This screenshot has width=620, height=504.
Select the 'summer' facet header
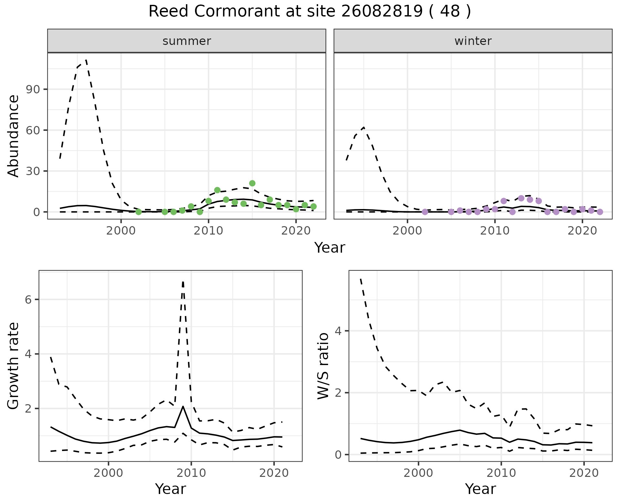pos(187,41)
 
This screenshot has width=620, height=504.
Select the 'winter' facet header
pos(473,41)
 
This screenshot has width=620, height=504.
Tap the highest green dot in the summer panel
pos(252,183)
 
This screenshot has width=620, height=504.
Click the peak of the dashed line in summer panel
pos(86,60)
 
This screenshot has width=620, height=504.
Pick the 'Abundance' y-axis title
pos(14,136)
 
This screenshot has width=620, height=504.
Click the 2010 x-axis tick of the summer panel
pos(208,231)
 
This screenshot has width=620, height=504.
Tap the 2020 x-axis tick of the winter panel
pos(582,231)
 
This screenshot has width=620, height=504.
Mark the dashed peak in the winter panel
pos(364,127)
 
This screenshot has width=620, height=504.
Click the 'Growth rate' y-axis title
pos(14,366)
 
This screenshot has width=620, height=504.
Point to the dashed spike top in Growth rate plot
pos(183,282)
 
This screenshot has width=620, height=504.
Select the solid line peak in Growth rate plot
pos(183,406)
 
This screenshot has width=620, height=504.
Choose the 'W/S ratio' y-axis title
pos(323,366)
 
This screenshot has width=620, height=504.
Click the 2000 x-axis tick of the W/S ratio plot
pos(418,474)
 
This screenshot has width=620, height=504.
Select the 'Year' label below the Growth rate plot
pos(170,489)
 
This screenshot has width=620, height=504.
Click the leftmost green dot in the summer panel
pos(139,212)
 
